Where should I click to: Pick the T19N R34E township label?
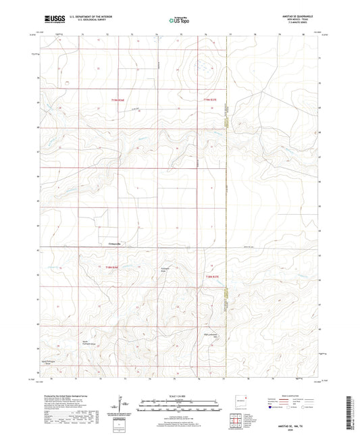120,101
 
